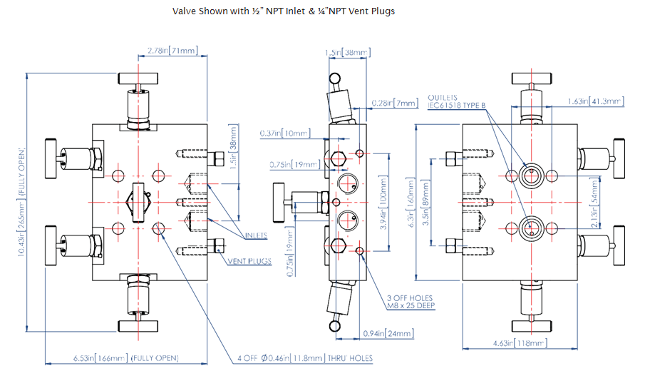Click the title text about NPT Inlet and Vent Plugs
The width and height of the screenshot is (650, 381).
(283, 11)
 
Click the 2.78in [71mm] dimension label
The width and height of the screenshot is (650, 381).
(172, 51)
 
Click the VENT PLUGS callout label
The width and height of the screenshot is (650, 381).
(249, 262)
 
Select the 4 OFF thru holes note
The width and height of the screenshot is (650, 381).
(305, 357)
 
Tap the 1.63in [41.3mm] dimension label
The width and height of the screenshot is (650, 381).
(596, 101)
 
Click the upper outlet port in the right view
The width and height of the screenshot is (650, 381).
(530, 176)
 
